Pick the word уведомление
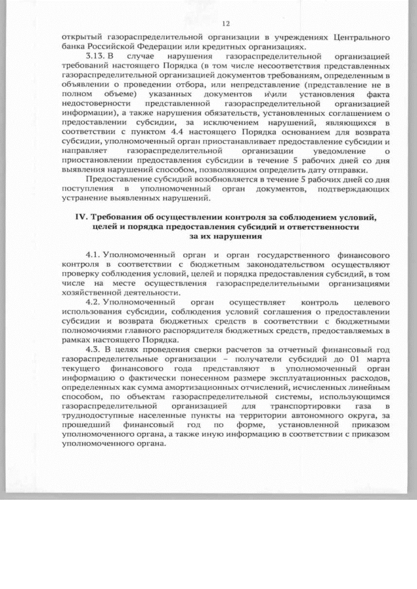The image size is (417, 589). click(x=341, y=151)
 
